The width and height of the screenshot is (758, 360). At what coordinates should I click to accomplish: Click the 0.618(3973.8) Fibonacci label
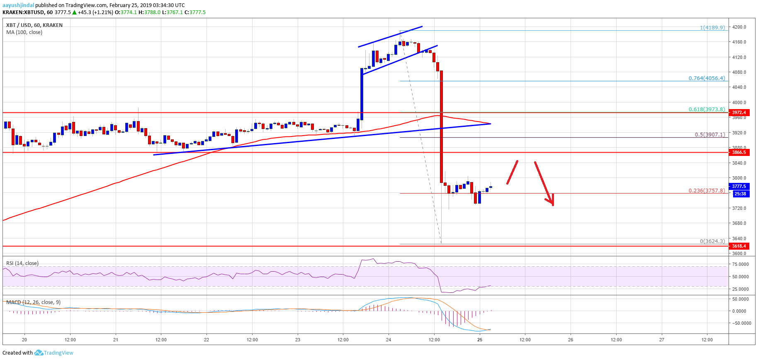pyautogui.click(x=707, y=109)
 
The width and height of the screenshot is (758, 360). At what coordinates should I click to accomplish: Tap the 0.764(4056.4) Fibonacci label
pyautogui.click(x=707, y=78)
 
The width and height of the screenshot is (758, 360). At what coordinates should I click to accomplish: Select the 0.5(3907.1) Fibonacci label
pyautogui.click(x=710, y=134)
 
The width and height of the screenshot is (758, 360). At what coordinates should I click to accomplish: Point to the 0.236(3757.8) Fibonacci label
pyautogui.click(x=707, y=191)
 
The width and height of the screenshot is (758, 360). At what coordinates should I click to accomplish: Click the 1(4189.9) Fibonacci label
pyautogui.click(x=712, y=27)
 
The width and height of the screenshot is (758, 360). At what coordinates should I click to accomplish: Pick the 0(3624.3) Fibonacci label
pyautogui.click(x=712, y=241)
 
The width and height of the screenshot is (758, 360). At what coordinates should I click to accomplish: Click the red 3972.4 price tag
pyautogui.click(x=739, y=112)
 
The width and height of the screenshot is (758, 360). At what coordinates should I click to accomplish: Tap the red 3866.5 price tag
pyautogui.click(x=739, y=152)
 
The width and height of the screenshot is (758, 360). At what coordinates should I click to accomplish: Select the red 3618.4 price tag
pyautogui.click(x=739, y=246)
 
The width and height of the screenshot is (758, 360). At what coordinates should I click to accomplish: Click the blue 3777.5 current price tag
pyautogui.click(x=739, y=187)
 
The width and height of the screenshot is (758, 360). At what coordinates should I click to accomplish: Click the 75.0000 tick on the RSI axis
pyautogui.click(x=740, y=264)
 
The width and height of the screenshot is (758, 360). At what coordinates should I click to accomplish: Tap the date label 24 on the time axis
pyautogui.click(x=389, y=340)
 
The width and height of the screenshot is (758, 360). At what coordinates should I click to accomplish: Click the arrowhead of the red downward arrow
pyautogui.click(x=551, y=202)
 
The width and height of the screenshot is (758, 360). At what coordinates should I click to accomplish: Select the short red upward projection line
pyautogui.click(x=512, y=172)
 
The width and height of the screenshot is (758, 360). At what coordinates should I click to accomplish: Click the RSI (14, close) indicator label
pyautogui.click(x=22, y=263)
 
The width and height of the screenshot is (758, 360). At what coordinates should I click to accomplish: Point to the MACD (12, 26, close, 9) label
pyautogui.click(x=33, y=302)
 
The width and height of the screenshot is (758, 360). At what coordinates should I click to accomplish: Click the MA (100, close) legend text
pyautogui.click(x=24, y=32)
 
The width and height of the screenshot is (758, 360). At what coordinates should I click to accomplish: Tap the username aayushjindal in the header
pyautogui.click(x=18, y=5)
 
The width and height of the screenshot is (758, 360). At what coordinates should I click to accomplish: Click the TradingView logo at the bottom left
pyautogui.click(x=53, y=353)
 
